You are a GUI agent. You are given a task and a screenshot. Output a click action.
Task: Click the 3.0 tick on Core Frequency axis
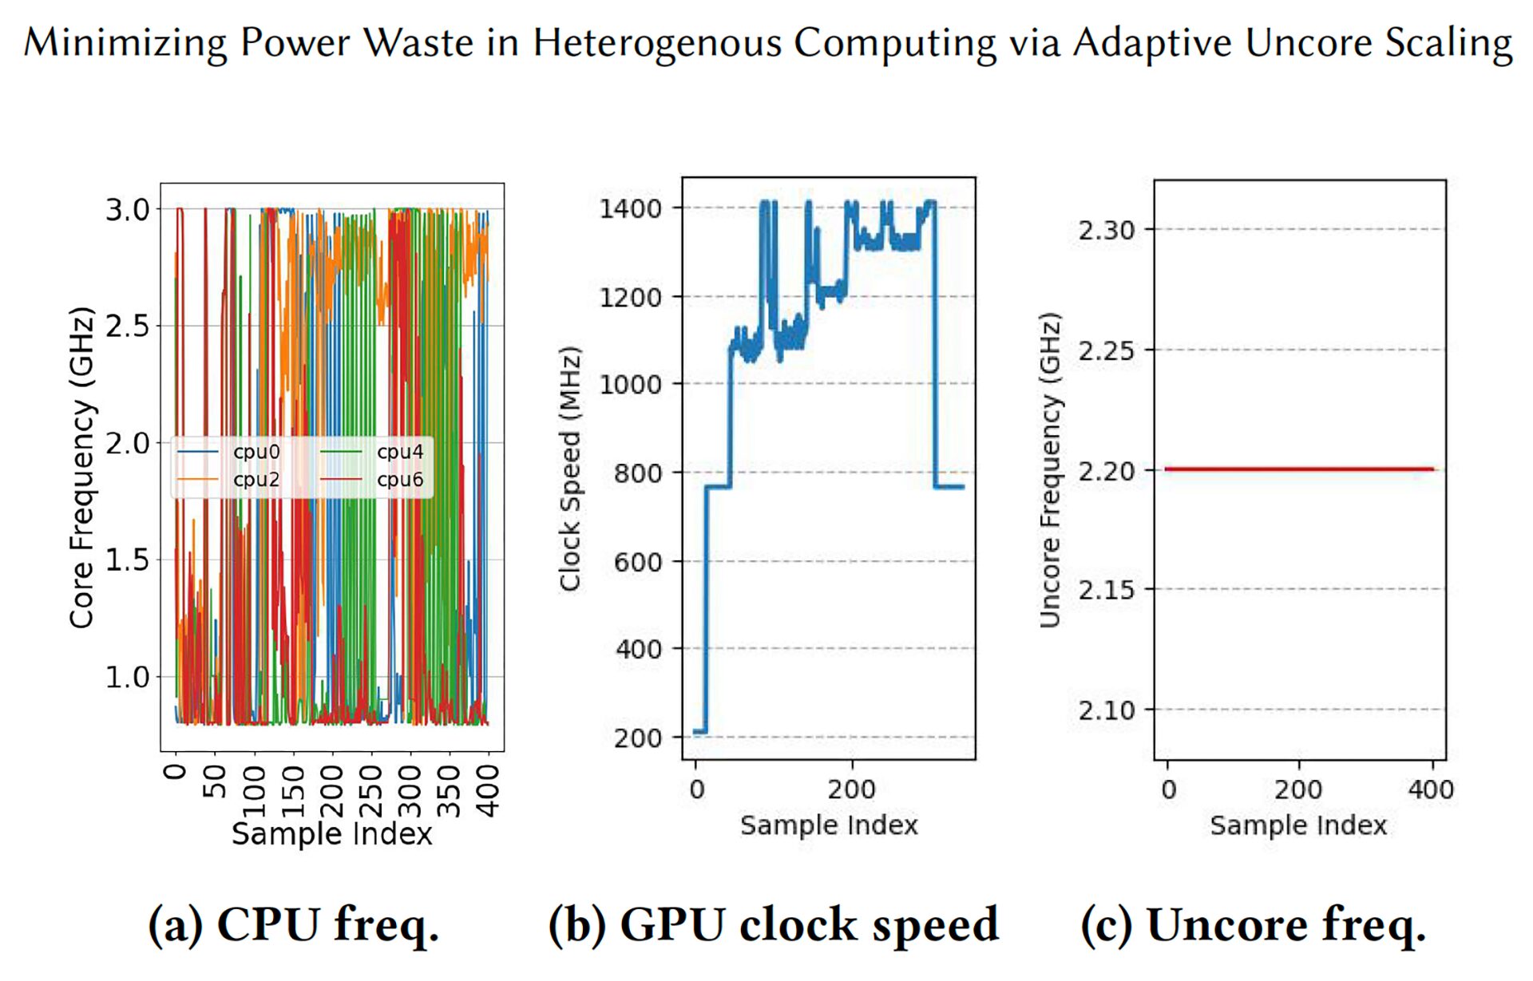(x=128, y=210)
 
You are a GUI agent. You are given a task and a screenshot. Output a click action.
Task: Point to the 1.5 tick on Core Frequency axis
(x=128, y=560)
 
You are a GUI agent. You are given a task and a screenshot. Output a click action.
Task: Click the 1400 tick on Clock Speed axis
(x=631, y=209)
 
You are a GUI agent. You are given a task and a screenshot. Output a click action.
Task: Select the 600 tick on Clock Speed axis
(x=638, y=563)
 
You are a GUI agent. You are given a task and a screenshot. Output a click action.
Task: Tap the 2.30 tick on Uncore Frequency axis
(x=1106, y=231)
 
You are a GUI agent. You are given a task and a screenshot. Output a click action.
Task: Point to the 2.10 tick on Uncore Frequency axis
(x=1106, y=710)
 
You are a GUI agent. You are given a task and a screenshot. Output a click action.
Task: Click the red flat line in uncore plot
(x=1300, y=469)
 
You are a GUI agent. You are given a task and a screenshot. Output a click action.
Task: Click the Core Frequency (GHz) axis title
(x=82, y=468)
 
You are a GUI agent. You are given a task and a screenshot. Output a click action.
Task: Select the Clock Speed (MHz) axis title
(x=569, y=469)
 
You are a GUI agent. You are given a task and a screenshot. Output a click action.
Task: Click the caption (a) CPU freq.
(x=294, y=925)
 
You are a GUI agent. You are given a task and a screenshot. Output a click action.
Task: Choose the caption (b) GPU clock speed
(x=773, y=925)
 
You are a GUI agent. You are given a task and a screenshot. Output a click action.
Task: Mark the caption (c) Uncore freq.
(x=1253, y=925)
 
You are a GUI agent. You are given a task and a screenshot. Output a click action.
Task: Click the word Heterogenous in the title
(x=657, y=43)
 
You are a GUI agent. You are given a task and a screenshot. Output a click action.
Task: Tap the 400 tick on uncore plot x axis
(x=1431, y=789)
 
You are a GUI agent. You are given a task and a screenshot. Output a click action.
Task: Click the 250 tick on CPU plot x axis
(x=371, y=791)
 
